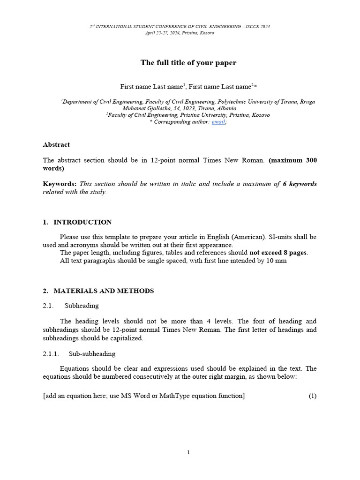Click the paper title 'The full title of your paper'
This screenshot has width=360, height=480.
point(189,62)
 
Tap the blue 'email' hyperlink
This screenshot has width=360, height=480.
point(218,122)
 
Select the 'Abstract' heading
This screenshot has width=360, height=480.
point(56,145)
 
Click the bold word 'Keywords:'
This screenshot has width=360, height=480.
point(60,184)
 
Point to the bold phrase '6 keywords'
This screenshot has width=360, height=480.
point(300,184)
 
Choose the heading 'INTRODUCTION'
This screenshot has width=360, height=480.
point(82,222)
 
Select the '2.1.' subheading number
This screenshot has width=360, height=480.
point(49,306)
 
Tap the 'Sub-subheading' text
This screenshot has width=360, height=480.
point(92,354)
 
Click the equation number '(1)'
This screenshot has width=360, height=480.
point(312,396)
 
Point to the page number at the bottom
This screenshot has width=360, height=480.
point(188,452)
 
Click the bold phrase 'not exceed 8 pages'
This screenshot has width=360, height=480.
point(277,253)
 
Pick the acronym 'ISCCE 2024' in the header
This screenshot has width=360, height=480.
point(256,27)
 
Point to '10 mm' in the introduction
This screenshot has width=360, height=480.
point(277,261)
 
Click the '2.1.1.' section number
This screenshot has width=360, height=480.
point(51,354)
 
